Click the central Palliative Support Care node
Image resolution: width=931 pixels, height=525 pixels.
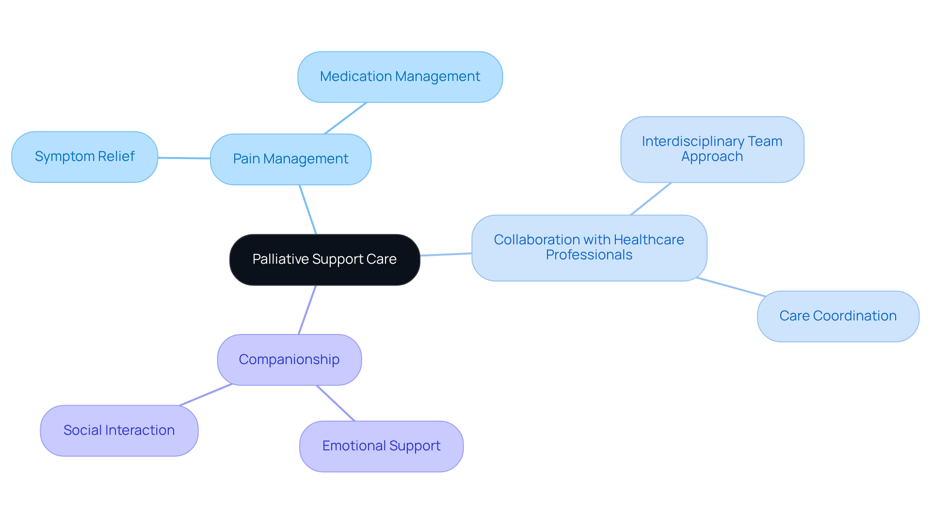tap(324, 259)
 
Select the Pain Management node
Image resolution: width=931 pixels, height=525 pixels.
tap(290, 159)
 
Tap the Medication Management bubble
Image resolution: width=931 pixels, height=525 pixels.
tap(400, 77)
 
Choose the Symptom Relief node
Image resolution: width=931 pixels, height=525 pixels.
tap(84, 157)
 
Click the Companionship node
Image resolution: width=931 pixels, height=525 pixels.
tap(289, 359)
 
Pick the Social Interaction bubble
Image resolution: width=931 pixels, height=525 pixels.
tap(119, 430)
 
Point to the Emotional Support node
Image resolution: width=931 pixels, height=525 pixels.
tap(381, 445)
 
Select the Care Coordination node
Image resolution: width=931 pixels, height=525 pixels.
tap(837, 316)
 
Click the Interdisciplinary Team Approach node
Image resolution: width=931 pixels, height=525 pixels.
tap(712, 149)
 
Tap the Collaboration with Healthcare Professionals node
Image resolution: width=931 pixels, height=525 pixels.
tap(589, 247)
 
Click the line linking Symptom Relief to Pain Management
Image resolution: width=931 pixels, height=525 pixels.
tap(184, 158)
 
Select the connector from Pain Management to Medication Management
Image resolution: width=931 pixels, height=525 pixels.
tap(345, 118)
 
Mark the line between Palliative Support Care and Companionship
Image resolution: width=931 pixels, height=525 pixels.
tap(307, 310)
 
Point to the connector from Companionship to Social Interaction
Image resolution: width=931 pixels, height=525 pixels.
tap(206, 395)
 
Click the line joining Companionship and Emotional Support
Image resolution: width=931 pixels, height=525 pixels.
tap(336, 403)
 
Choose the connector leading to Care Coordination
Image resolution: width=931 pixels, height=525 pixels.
tap(731, 287)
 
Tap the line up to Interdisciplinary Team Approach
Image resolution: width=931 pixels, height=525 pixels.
tap(651, 199)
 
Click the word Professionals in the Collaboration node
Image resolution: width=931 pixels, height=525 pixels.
tap(589, 255)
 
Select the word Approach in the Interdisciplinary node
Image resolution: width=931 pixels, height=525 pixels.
tap(712, 157)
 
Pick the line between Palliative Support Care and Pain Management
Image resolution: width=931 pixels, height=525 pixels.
tap(308, 209)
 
